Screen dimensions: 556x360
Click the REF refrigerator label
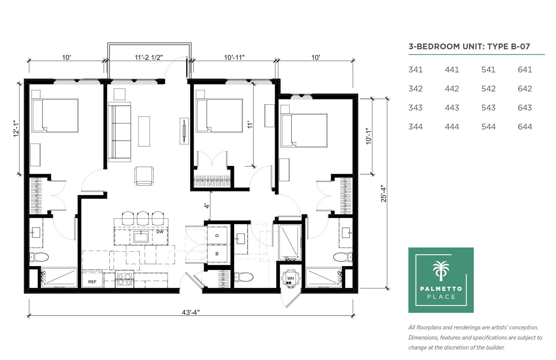[x=92, y=282]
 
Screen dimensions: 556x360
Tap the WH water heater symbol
[x=290, y=279]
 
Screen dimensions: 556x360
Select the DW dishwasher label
[x=160, y=232]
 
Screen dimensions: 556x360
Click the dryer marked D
[x=217, y=235]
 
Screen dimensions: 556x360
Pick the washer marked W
[x=217, y=254]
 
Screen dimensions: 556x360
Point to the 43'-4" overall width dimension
[x=191, y=312]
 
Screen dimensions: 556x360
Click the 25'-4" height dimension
[x=383, y=193]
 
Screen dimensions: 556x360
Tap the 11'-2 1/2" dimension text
[x=149, y=57]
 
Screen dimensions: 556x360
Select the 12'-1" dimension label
[x=16, y=129]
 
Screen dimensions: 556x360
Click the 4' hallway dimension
[x=207, y=206]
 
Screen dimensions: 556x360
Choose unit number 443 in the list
[x=452, y=107]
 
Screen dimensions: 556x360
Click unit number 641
[x=525, y=70]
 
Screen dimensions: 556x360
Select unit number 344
[x=415, y=127]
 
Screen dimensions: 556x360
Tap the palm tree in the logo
[x=441, y=271]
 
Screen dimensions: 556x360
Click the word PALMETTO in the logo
[x=441, y=289]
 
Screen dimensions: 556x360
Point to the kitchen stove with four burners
[x=124, y=279]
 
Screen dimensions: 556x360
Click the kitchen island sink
[x=141, y=237]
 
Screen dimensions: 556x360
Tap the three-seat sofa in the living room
[x=120, y=132]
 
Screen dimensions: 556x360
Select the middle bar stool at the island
[x=143, y=218]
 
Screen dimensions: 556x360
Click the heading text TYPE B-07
[x=508, y=47]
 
